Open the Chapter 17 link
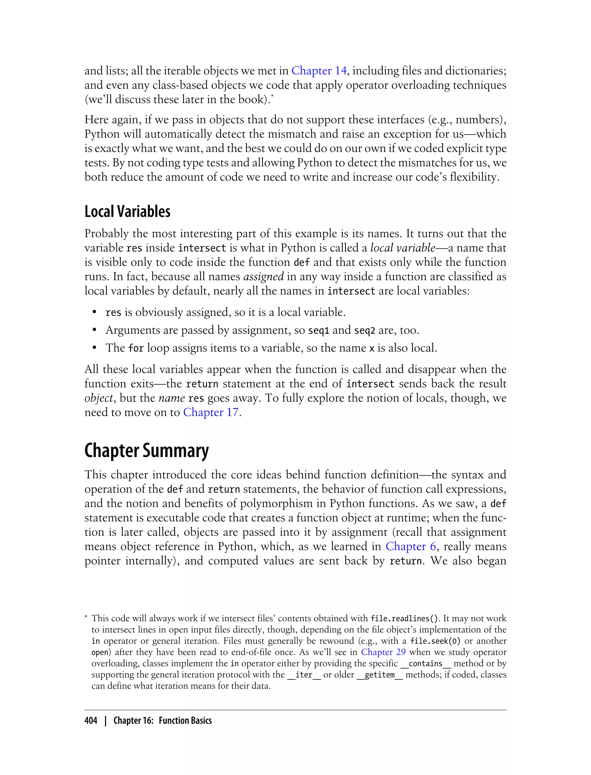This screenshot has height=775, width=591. (x=210, y=412)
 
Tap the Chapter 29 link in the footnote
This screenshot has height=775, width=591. (x=383, y=652)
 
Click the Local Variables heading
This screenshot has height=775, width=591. (x=127, y=212)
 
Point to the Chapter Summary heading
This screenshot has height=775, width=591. (x=146, y=451)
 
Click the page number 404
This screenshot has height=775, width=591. (x=91, y=721)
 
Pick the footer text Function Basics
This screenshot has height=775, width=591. (x=185, y=721)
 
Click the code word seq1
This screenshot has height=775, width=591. (x=318, y=330)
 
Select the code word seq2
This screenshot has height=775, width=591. (x=364, y=330)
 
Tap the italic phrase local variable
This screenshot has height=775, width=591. (x=403, y=248)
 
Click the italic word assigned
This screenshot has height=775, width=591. (x=263, y=276)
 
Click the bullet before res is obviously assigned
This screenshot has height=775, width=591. (x=94, y=312)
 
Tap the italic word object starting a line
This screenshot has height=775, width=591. (x=98, y=398)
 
